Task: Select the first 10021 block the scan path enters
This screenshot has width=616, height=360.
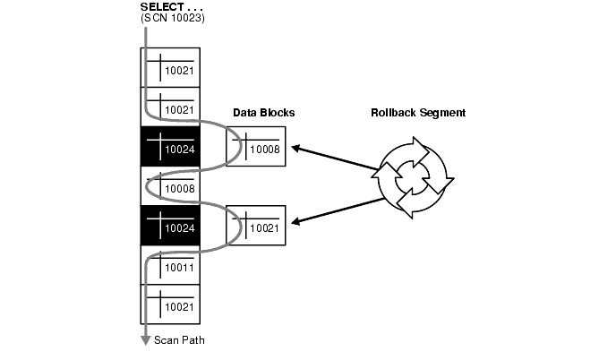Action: pos(170,67)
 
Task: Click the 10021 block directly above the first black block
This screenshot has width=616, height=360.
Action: pos(170,107)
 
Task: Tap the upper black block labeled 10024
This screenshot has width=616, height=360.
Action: pos(170,146)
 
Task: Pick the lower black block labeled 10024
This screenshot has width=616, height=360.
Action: pos(170,225)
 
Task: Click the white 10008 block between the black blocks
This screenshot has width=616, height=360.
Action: pos(170,185)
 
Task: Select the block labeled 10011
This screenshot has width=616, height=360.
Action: pos(170,264)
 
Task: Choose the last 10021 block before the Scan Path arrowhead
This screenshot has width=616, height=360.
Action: pos(170,304)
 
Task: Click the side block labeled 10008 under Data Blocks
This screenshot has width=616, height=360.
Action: pos(256,146)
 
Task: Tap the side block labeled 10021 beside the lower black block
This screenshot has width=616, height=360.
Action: pos(256,225)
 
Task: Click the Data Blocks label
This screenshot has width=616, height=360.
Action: pos(263,114)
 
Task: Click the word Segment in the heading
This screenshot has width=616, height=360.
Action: pos(441,114)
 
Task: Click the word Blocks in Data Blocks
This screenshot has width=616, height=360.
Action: pos(277,114)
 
